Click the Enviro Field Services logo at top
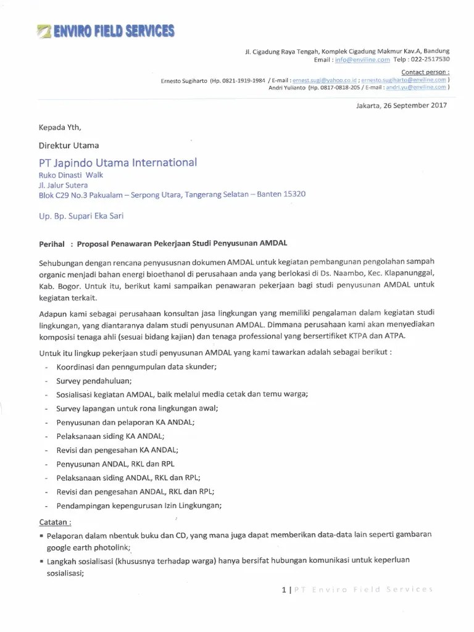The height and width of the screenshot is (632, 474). click(105, 31)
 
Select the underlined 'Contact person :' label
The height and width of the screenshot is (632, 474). click(425, 72)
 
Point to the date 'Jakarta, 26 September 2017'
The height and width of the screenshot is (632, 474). click(401, 106)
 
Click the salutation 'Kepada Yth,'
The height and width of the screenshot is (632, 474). click(60, 128)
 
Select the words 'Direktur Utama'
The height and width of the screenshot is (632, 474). click(69, 146)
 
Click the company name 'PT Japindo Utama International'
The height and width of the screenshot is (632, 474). click(118, 162)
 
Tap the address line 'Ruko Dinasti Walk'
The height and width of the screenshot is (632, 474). click(71, 175)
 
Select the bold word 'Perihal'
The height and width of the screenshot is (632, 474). click(52, 244)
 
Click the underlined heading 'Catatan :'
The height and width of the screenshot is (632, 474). click(56, 521)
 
